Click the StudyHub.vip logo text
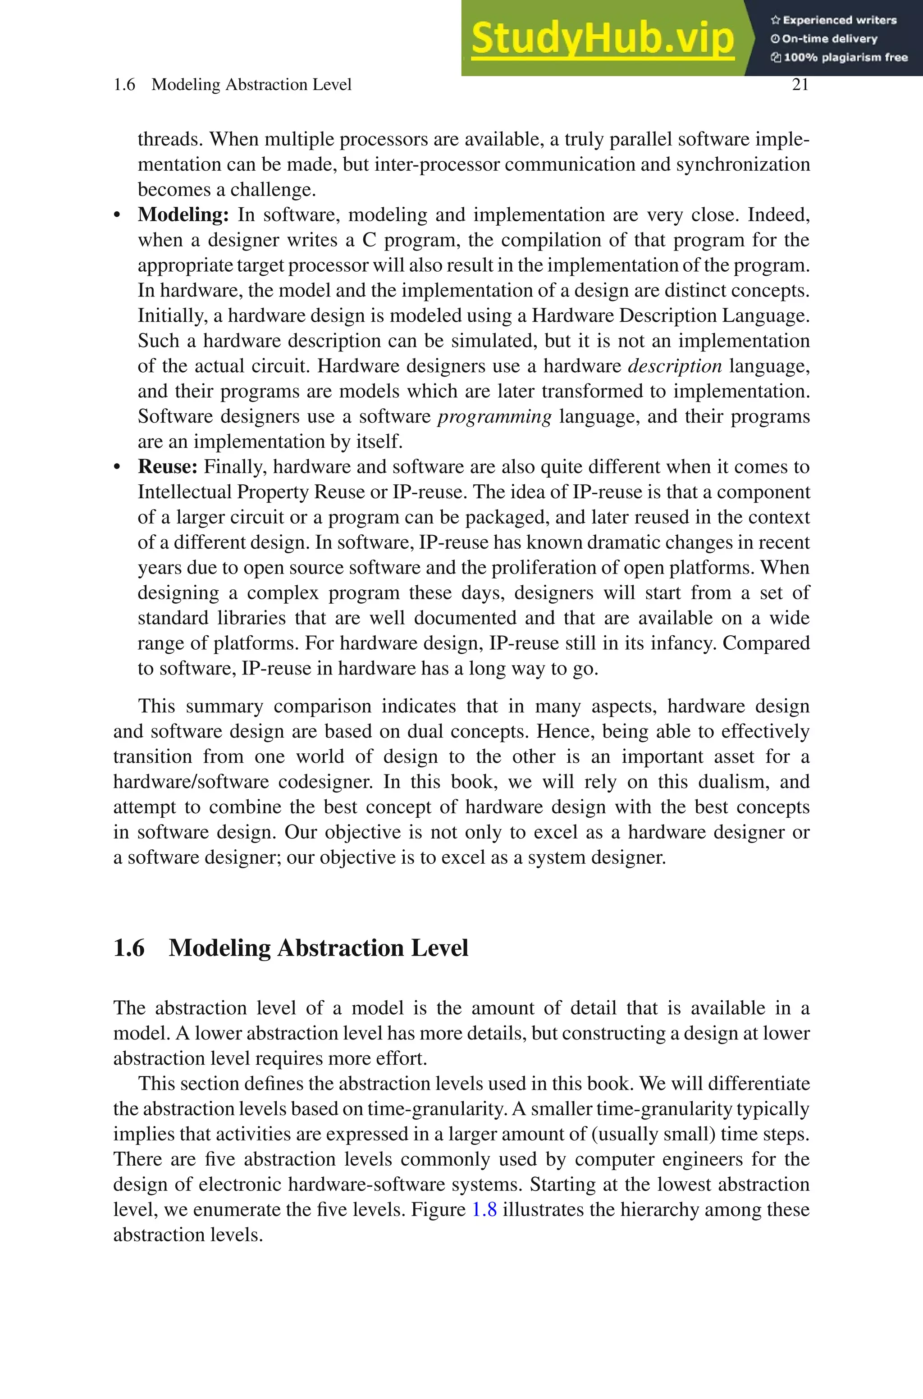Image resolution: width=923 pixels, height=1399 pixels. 602,39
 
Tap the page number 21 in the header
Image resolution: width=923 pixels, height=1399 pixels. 800,85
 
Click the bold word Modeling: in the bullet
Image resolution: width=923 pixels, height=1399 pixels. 183,215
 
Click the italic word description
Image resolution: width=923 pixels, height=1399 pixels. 675,366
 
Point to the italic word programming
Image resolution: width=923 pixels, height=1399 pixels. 494,416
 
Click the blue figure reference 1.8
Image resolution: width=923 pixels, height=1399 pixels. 484,1210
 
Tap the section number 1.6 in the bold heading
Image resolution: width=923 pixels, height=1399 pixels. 129,948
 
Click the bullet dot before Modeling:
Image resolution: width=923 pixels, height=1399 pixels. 117,216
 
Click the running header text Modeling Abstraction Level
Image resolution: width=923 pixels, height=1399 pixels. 251,85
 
